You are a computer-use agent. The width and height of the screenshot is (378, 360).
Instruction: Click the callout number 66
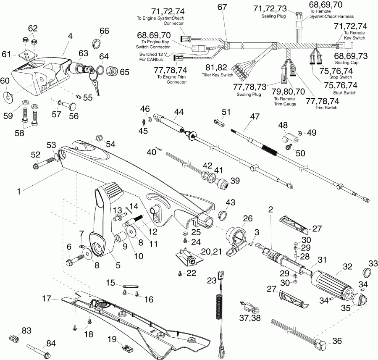point(104,31)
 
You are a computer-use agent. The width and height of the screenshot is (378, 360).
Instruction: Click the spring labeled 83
point(14,338)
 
